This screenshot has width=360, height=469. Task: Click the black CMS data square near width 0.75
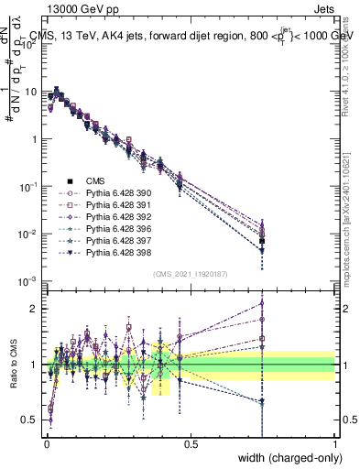[x=263, y=241]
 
